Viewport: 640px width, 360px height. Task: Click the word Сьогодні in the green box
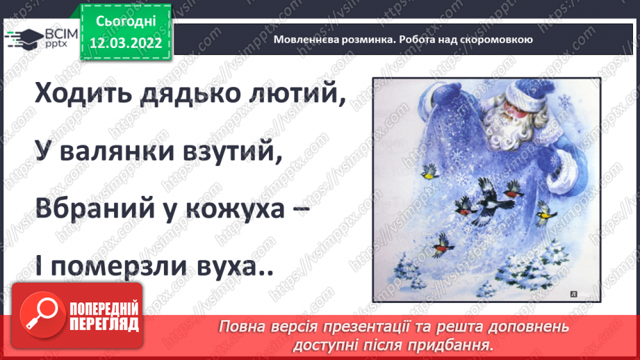point(126,22)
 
